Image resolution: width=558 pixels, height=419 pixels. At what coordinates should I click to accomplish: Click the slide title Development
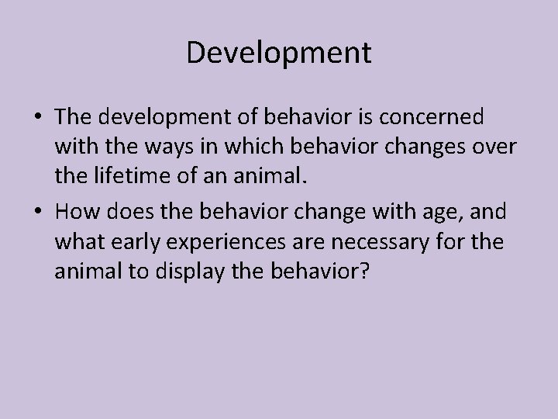pos(279,54)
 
